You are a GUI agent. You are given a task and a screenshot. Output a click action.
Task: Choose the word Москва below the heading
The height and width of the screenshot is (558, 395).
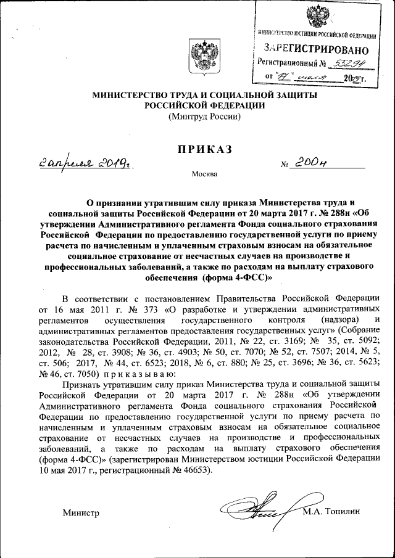click(204, 174)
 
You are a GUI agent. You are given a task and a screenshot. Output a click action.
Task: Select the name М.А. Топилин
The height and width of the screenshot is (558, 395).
click(331, 511)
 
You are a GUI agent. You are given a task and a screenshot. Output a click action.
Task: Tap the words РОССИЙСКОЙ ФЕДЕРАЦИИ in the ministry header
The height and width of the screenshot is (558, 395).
click(204, 105)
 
